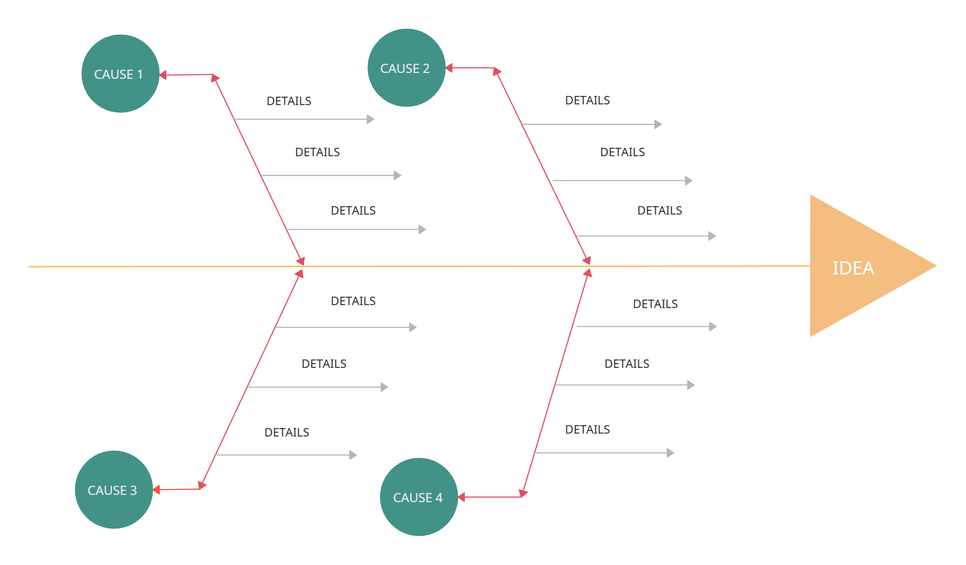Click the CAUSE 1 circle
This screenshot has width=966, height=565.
tap(120, 74)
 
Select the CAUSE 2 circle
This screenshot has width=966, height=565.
tap(406, 68)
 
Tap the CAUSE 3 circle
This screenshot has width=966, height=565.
tap(114, 489)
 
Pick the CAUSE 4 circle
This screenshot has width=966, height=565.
tap(419, 497)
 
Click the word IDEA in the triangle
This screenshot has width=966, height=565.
tap(853, 268)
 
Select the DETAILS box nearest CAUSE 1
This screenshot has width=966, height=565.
tap(289, 100)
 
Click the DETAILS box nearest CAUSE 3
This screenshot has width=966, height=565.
tap(287, 432)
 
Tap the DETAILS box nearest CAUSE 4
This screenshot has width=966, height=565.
tap(587, 429)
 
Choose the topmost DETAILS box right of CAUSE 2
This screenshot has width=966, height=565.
tap(587, 100)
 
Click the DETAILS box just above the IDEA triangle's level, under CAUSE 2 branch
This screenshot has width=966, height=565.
tap(659, 210)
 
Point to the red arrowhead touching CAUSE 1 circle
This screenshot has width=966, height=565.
tap(163, 75)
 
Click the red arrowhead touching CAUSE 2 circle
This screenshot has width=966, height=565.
tap(449, 68)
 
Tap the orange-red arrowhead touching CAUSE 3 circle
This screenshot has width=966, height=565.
tap(157, 489)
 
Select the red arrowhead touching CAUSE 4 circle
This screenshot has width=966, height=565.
tap(462, 497)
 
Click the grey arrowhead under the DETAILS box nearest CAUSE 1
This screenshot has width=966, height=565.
tap(370, 119)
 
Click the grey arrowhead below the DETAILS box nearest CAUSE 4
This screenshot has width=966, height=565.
tap(670, 453)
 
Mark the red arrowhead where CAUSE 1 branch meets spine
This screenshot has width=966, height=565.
tap(301, 261)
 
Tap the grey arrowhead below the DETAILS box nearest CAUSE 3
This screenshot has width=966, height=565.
tap(353, 455)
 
